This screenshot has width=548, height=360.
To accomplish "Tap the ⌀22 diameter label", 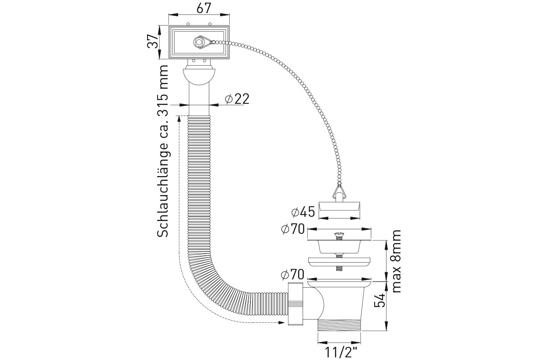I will point(237,99).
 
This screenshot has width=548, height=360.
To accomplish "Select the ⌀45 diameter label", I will point(303,212).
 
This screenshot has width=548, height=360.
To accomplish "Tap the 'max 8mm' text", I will point(397,262).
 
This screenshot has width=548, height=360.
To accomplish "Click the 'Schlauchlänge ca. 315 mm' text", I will point(163,151).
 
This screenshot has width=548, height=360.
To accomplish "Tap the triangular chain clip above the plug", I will point(339,191).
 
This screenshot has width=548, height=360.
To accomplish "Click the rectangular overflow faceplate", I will point(199,42).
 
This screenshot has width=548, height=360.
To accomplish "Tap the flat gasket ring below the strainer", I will point(340,261).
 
